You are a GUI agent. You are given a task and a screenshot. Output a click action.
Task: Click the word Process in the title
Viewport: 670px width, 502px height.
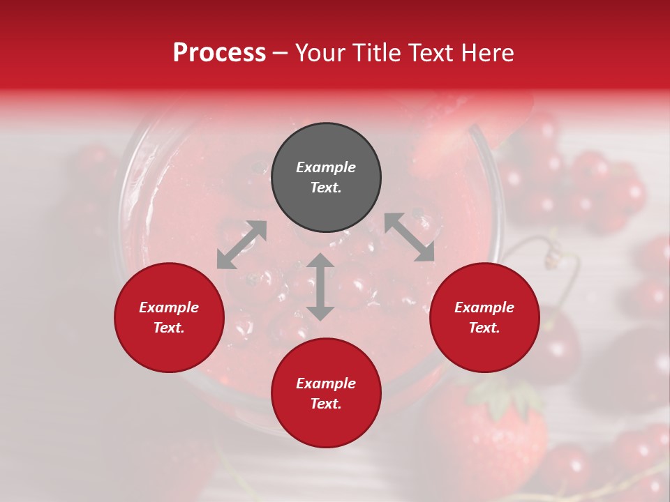[x=219, y=53]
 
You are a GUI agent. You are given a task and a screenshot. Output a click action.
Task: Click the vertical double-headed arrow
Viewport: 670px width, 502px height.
[x=320, y=287]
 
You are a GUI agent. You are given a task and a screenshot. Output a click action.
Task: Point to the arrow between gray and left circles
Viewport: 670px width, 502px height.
[x=241, y=245]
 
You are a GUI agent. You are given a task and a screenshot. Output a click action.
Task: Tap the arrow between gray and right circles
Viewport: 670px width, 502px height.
[x=409, y=237]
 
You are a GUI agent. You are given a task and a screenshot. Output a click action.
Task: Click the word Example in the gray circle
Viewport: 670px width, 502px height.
[x=326, y=167]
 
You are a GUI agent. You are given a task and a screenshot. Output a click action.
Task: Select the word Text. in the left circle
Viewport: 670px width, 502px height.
[x=169, y=328]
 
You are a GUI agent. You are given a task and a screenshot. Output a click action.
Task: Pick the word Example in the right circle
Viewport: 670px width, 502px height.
[x=484, y=307]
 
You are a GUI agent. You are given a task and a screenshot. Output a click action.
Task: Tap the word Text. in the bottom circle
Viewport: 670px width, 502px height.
[x=326, y=404]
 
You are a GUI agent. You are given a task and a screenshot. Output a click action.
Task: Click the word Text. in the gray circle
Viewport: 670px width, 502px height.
[x=326, y=188]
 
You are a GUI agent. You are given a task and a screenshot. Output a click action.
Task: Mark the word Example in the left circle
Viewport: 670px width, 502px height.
[x=169, y=307]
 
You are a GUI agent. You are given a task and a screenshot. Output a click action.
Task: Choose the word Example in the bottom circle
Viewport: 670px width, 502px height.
[x=326, y=383]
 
